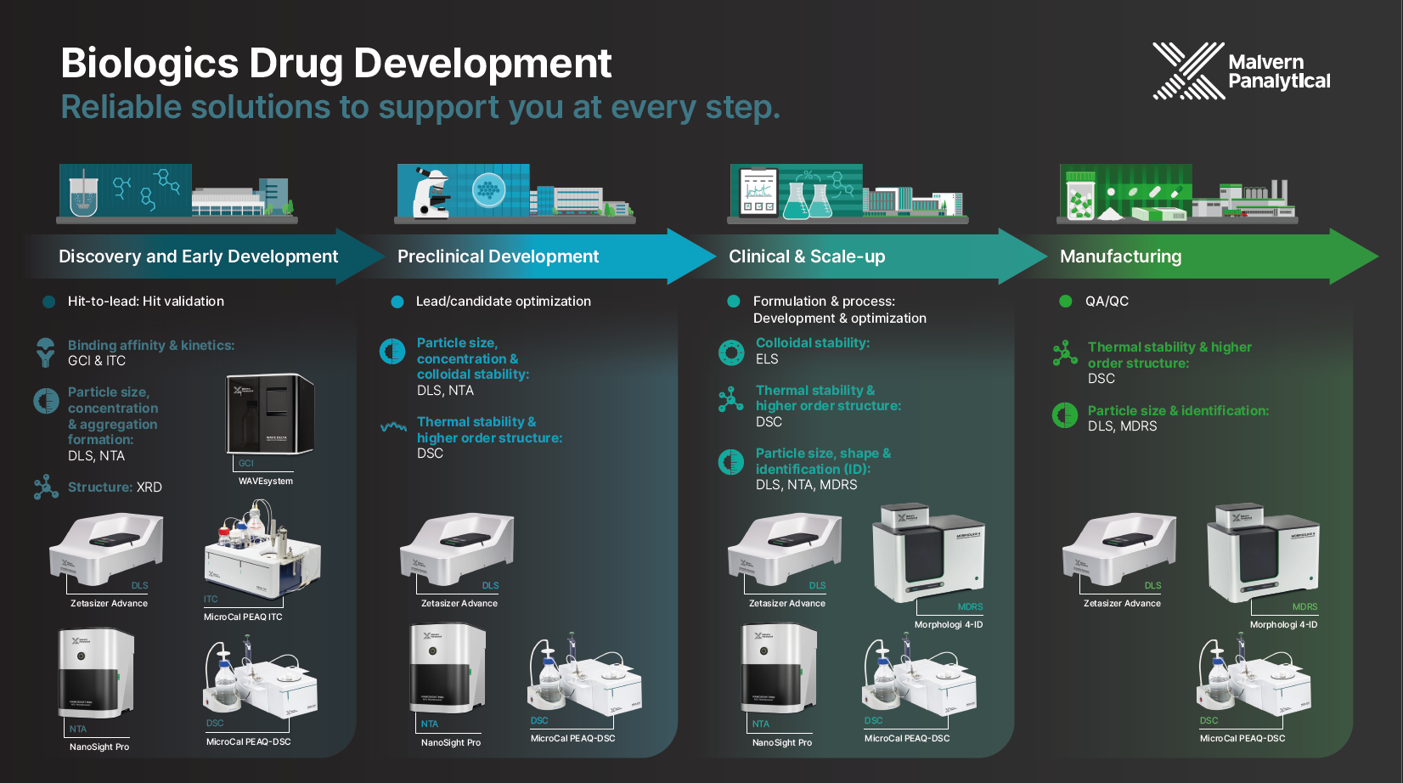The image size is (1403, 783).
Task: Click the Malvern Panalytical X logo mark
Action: click(1188, 70)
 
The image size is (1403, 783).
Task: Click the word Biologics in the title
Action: click(149, 64)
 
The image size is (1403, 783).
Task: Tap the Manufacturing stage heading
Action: click(1120, 256)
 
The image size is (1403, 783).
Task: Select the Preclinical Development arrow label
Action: click(498, 256)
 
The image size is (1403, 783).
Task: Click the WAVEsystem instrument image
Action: click(270, 414)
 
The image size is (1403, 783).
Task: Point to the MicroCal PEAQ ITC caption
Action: click(243, 617)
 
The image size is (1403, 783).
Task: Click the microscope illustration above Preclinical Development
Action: click(431, 192)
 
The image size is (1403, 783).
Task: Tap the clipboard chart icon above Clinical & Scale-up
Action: click(758, 192)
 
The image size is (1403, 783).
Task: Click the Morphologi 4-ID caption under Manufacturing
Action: click(1283, 624)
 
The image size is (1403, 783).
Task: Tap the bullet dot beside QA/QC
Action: click(1065, 301)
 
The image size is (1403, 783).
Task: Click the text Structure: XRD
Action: click(115, 487)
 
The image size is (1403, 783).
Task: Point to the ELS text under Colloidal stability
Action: click(767, 359)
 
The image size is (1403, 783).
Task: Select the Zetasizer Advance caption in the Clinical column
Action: click(786, 603)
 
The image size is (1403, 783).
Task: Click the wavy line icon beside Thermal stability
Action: click(393, 427)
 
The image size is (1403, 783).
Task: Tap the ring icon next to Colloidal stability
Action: click(731, 352)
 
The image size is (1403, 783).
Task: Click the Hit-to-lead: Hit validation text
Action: click(145, 301)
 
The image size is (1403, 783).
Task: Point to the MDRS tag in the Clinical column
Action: click(970, 606)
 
